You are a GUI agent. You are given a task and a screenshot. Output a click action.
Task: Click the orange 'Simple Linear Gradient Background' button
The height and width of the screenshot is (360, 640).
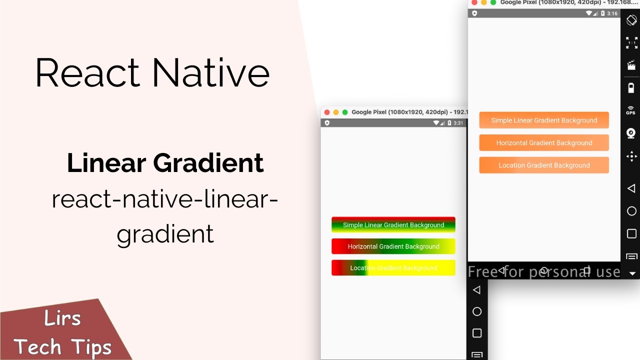(544, 120)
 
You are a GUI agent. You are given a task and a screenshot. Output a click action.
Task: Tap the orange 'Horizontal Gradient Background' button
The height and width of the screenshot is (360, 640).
(544, 142)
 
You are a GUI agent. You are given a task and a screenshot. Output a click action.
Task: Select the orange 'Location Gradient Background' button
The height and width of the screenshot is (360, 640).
(544, 165)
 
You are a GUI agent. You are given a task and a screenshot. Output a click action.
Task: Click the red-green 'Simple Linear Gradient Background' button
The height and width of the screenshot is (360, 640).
(393, 225)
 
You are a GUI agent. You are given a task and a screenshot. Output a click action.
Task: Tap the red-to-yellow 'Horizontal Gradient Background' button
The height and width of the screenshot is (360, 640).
(393, 246)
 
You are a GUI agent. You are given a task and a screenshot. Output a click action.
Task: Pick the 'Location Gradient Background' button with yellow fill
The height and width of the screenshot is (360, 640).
(393, 267)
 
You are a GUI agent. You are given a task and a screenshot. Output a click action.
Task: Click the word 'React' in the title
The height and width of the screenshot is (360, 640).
(88, 73)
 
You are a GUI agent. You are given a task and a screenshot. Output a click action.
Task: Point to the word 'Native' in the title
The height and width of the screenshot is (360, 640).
(211, 73)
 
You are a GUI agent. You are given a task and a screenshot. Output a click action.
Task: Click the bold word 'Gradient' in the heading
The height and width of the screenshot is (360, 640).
(208, 163)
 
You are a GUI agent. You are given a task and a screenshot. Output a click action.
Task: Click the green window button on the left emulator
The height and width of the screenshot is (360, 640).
(345, 112)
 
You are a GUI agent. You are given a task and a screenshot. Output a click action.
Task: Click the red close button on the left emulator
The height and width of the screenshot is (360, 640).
(327, 112)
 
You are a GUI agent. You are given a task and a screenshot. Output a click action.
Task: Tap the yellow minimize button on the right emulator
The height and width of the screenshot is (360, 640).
(483, 2)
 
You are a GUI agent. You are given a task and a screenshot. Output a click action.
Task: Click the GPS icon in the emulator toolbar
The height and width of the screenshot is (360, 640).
(631, 110)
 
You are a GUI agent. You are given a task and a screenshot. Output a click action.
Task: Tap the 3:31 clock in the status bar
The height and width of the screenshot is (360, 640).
(458, 123)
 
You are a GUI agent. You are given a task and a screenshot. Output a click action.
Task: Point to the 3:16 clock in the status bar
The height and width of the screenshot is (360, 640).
(612, 13)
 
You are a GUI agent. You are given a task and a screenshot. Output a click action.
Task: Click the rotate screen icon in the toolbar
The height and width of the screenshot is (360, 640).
(631, 20)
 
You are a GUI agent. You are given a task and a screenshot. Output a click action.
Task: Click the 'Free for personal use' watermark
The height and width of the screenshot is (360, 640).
(544, 272)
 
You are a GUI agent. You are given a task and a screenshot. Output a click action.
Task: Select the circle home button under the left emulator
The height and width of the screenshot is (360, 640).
(477, 311)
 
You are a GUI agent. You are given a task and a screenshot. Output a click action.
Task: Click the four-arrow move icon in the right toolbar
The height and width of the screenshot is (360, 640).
(631, 156)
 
